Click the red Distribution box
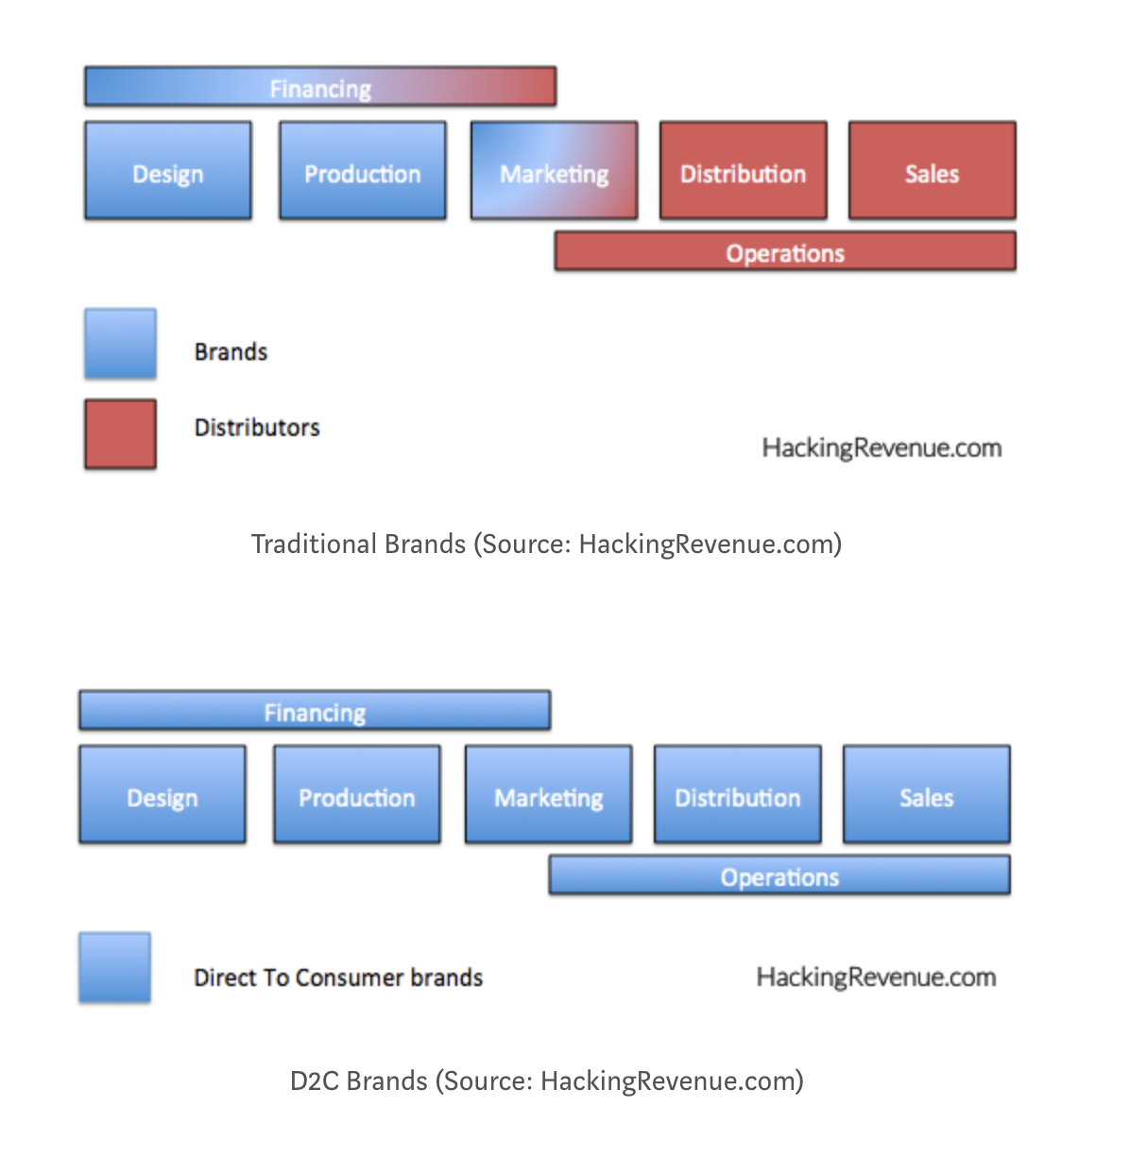click(x=743, y=171)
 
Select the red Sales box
click(x=932, y=171)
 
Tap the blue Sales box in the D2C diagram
click(x=926, y=795)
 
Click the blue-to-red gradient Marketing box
click(x=554, y=171)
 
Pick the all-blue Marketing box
click(x=548, y=795)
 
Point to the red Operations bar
click(x=785, y=252)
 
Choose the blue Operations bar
click(x=779, y=875)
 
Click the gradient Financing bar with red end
click(x=320, y=87)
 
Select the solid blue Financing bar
click(x=315, y=711)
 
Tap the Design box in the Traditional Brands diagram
click(x=168, y=171)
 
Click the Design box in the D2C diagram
click(x=163, y=795)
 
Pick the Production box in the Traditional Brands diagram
click(x=363, y=171)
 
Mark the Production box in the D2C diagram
click(x=357, y=795)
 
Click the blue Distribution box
click(x=737, y=795)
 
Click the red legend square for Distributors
click(x=120, y=434)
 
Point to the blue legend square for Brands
click(x=120, y=344)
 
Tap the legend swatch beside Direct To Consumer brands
click(x=114, y=968)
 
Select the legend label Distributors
click(x=257, y=428)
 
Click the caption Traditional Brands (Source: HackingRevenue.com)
click(x=546, y=545)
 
